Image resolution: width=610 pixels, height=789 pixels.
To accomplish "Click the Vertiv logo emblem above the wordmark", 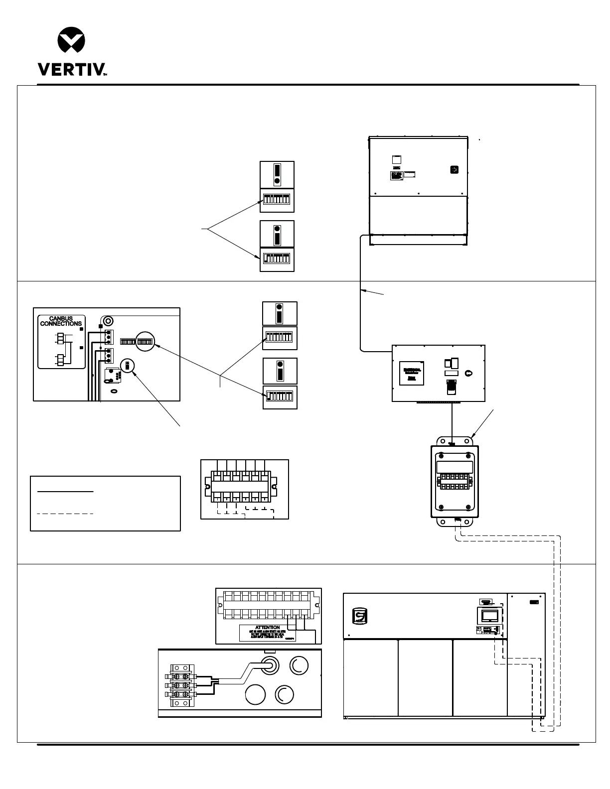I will [71, 41].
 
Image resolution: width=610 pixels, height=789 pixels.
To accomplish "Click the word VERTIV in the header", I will [70, 69].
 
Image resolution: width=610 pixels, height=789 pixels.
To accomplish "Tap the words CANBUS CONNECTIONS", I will [61, 321].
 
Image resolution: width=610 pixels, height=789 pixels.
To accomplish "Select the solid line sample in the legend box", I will [65, 492].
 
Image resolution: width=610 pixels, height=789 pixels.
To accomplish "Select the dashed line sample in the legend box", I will [65, 513].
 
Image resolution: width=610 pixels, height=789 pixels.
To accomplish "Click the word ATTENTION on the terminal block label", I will [268, 628].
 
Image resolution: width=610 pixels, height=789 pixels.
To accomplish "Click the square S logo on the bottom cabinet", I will [359, 616].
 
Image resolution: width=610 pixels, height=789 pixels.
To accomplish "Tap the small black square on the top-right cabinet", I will [454, 170].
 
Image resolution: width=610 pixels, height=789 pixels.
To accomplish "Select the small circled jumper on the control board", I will [127, 366].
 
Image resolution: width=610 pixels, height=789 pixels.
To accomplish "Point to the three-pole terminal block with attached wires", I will [181, 685].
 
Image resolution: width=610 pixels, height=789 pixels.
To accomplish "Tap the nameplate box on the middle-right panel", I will [412, 373].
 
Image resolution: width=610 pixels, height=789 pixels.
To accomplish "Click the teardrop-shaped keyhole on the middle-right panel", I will [467, 373].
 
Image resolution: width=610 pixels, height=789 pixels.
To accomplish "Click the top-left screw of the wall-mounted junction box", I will [441, 456].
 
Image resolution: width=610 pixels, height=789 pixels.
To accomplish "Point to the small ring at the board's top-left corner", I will [108, 320].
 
